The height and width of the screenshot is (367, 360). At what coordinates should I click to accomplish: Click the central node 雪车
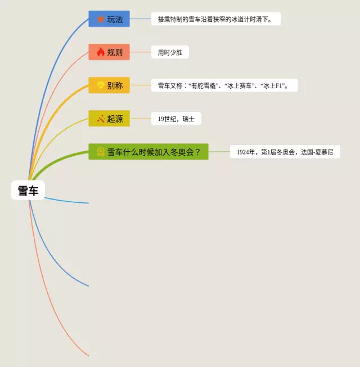(x=28, y=191)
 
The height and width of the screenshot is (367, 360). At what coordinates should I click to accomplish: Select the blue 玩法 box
(x=109, y=19)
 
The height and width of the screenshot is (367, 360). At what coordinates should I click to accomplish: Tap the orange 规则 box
(x=109, y=52)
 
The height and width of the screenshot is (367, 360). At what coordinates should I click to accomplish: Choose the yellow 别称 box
(x=109, y=85)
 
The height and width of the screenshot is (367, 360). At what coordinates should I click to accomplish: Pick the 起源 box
(x=109, y=119)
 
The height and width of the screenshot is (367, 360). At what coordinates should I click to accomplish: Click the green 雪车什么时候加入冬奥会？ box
(x=148, y=152)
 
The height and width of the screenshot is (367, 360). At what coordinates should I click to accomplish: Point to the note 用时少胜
(x=170, y=53)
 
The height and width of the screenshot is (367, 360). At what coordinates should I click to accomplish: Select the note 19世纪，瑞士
(x=176, y=119)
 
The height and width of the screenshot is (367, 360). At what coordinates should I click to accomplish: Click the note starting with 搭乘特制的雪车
(x=215, y=19)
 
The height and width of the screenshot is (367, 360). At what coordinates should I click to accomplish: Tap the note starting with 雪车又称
(x=224, y=85)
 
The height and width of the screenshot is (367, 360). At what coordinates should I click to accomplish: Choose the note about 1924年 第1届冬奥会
(x=285, y=152)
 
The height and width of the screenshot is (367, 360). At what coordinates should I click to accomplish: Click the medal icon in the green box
(x=101, y=152)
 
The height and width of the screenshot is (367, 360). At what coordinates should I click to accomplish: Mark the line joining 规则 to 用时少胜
(x=141, y=52)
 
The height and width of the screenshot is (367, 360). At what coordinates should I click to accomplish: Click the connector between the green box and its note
(x=219, y=152)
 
